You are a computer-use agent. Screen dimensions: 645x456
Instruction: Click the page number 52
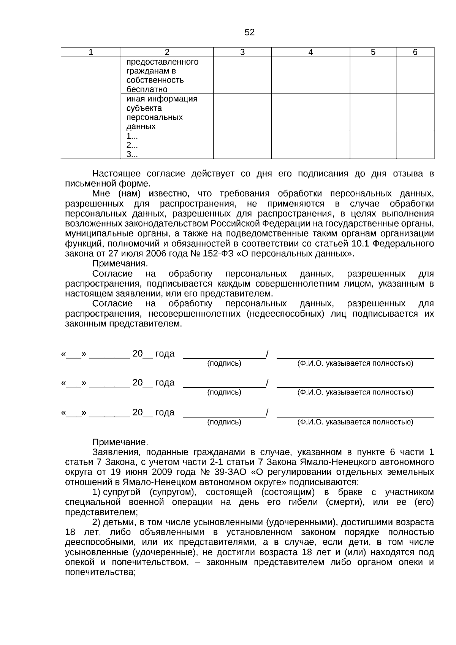[249, 33]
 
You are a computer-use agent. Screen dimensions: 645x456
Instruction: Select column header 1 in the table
[91, 52]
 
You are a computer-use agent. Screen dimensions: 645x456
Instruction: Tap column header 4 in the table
[310, 52]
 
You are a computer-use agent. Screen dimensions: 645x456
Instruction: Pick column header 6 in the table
[415, 52]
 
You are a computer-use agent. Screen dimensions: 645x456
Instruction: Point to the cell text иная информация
[162, 99]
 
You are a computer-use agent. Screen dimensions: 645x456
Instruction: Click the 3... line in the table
[132, 154]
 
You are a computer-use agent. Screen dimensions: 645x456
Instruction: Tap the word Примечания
[120, 264]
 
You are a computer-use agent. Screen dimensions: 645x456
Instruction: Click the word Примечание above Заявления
[120, 442]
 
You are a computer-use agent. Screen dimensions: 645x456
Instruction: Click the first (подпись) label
[224, 363]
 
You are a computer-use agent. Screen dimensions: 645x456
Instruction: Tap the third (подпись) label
[224, 422]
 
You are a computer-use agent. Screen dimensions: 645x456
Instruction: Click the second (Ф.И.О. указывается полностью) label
[355, 393]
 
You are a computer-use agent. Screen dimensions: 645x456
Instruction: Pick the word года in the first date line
[165, 354]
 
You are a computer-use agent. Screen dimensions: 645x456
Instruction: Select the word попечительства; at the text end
[100, 572]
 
